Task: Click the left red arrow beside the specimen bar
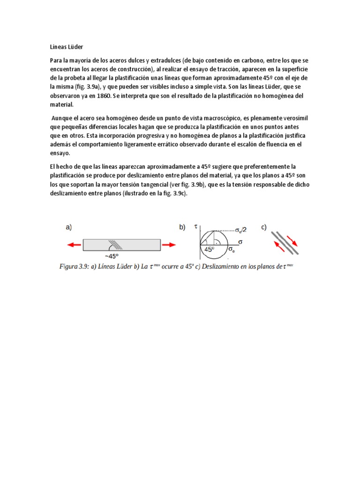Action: pyautogui.click(x=73, y=244)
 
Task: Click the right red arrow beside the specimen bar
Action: pyautogui.click(x=170, y=244)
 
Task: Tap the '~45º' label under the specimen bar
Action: pyautogui.click(x=111, y=256)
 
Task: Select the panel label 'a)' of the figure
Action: pyautogui.click(x=68, y=227)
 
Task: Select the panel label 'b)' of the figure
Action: pyautogui.click(x=182, y=227)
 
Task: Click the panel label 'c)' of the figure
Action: pyautogui.click(x=264, y=227)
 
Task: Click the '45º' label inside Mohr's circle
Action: pyautogui.click(x=210, y=250)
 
